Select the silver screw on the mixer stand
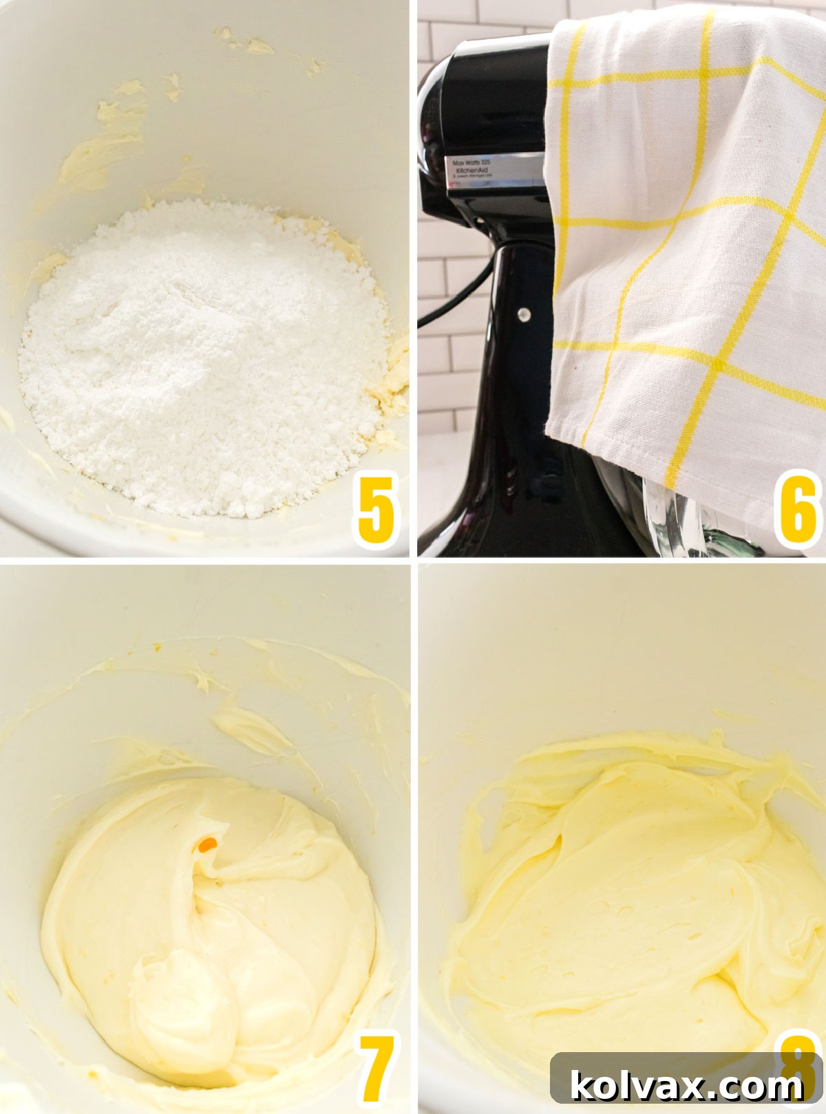[525, 315]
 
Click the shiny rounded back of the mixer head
[434, 110]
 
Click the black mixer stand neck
[516, 344]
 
